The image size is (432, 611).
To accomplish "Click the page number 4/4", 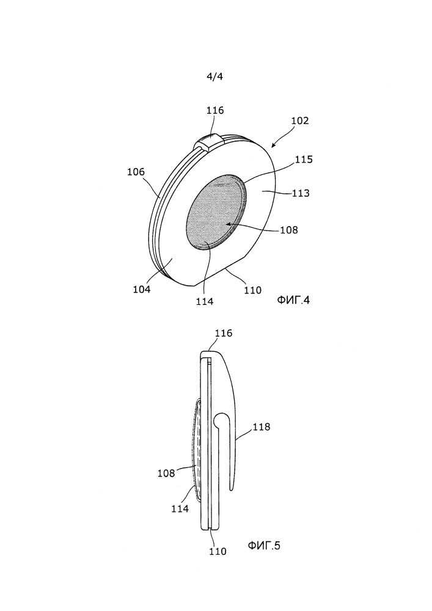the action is [214, 76].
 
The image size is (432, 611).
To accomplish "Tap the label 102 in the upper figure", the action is [300, 120].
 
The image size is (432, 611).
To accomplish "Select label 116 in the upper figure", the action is [215, 110].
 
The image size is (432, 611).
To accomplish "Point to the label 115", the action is [304, 159].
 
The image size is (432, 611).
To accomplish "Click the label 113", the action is [301, 193].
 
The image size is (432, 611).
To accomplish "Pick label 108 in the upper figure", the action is [289, 230].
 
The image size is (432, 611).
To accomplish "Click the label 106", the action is [136, 172].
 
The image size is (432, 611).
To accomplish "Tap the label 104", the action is [141, 289].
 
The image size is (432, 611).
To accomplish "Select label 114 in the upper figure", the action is [205, 301].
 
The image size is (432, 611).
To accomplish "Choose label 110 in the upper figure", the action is [253, 290].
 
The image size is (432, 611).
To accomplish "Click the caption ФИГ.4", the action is [293, 299].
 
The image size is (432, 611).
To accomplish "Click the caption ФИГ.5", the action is [264, 546].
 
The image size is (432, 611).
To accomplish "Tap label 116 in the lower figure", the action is [224, 333].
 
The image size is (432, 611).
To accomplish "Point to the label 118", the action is [262, 427].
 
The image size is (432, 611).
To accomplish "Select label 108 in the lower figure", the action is [166, 474].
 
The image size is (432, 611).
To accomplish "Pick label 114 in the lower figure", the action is [180, 508].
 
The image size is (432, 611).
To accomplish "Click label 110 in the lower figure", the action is [218, 551].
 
